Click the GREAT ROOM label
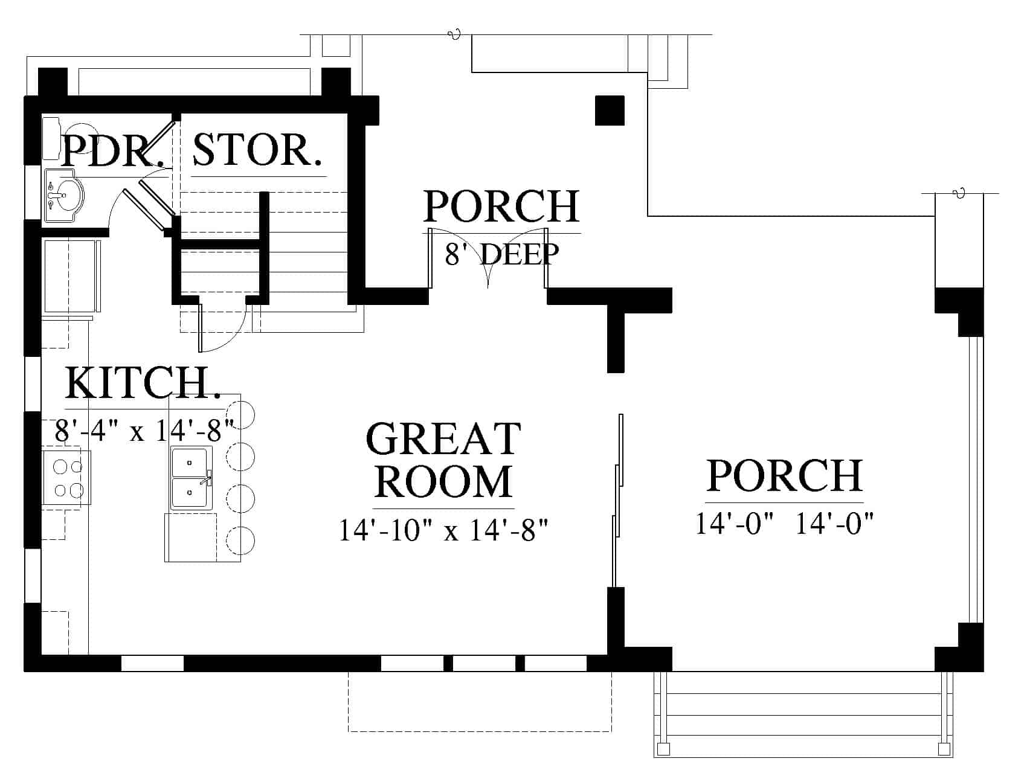coord(444,460)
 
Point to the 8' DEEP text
coord(502,254)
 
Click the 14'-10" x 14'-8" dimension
coord(444,531)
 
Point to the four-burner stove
coord(67,477)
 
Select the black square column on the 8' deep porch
coord(610,111)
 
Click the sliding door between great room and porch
coord(617,500)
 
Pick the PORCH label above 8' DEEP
coord(501,207)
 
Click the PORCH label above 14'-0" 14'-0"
coord(785,476)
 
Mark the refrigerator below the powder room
coord(71,276)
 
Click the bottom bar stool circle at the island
coord(240,540)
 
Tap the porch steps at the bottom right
coord(803,714)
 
